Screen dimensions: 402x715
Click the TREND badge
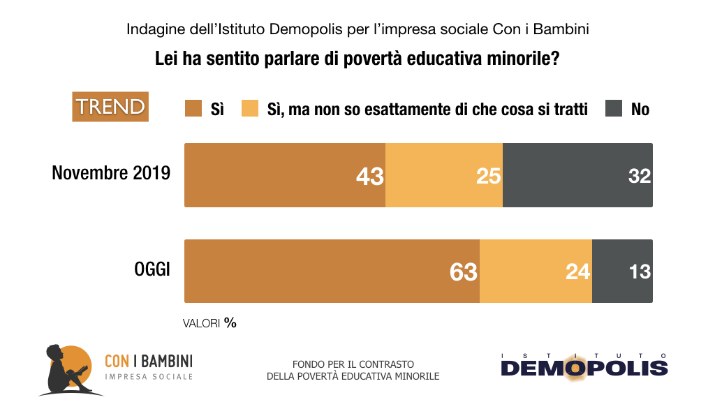click(110, 107)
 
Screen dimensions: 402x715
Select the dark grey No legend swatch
click(614, 109)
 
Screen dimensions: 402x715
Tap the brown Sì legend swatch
click(193, 109)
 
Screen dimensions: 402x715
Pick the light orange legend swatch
click(250, 109)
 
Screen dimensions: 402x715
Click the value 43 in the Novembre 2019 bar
click(369, 176)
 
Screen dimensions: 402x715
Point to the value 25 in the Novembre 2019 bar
click(488, 176)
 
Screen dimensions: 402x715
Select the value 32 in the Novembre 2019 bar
click(639, 176)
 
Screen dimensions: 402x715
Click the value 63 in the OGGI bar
click(463, 271)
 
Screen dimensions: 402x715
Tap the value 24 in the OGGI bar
click(577, 271)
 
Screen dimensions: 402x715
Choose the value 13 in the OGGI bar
click(639, 271)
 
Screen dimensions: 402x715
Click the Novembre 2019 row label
click(111, 173)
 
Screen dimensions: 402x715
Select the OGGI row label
click(152, 269)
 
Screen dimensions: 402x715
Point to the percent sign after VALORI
click(230, 323)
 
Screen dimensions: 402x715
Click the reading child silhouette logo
click(66, 369)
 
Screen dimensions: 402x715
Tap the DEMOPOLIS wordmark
click(584, 367)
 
